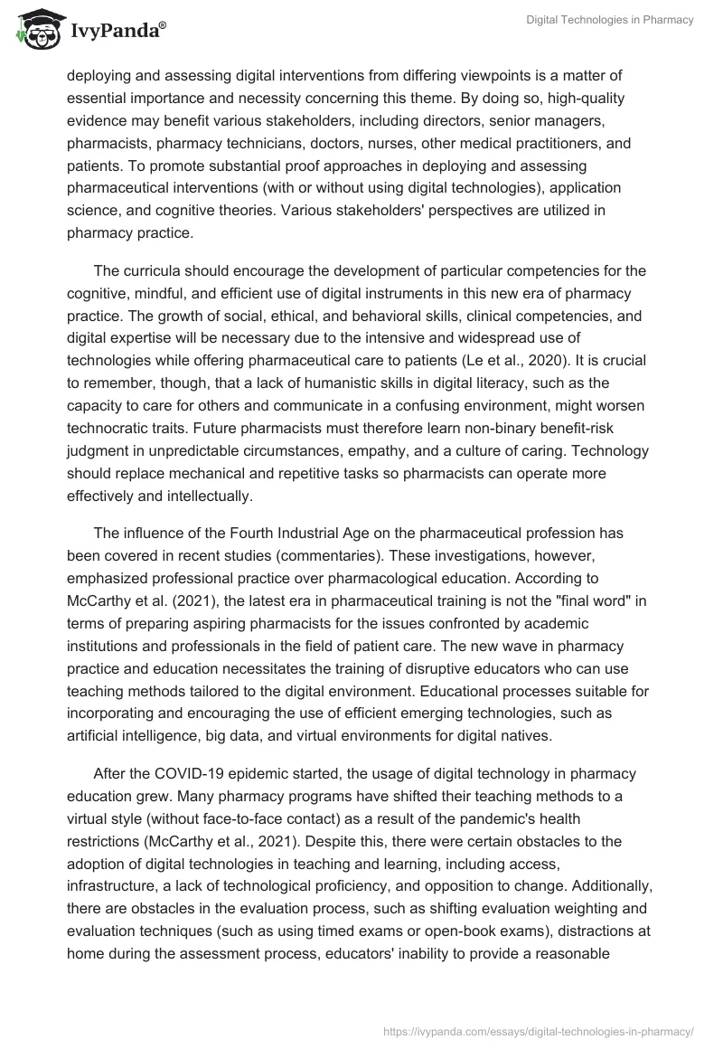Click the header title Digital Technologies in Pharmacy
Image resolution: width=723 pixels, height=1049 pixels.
(610, 21)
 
